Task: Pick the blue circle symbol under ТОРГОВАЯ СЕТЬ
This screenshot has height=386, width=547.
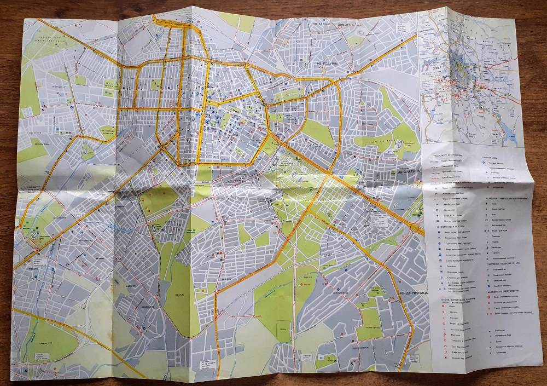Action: [x=485, y=165]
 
